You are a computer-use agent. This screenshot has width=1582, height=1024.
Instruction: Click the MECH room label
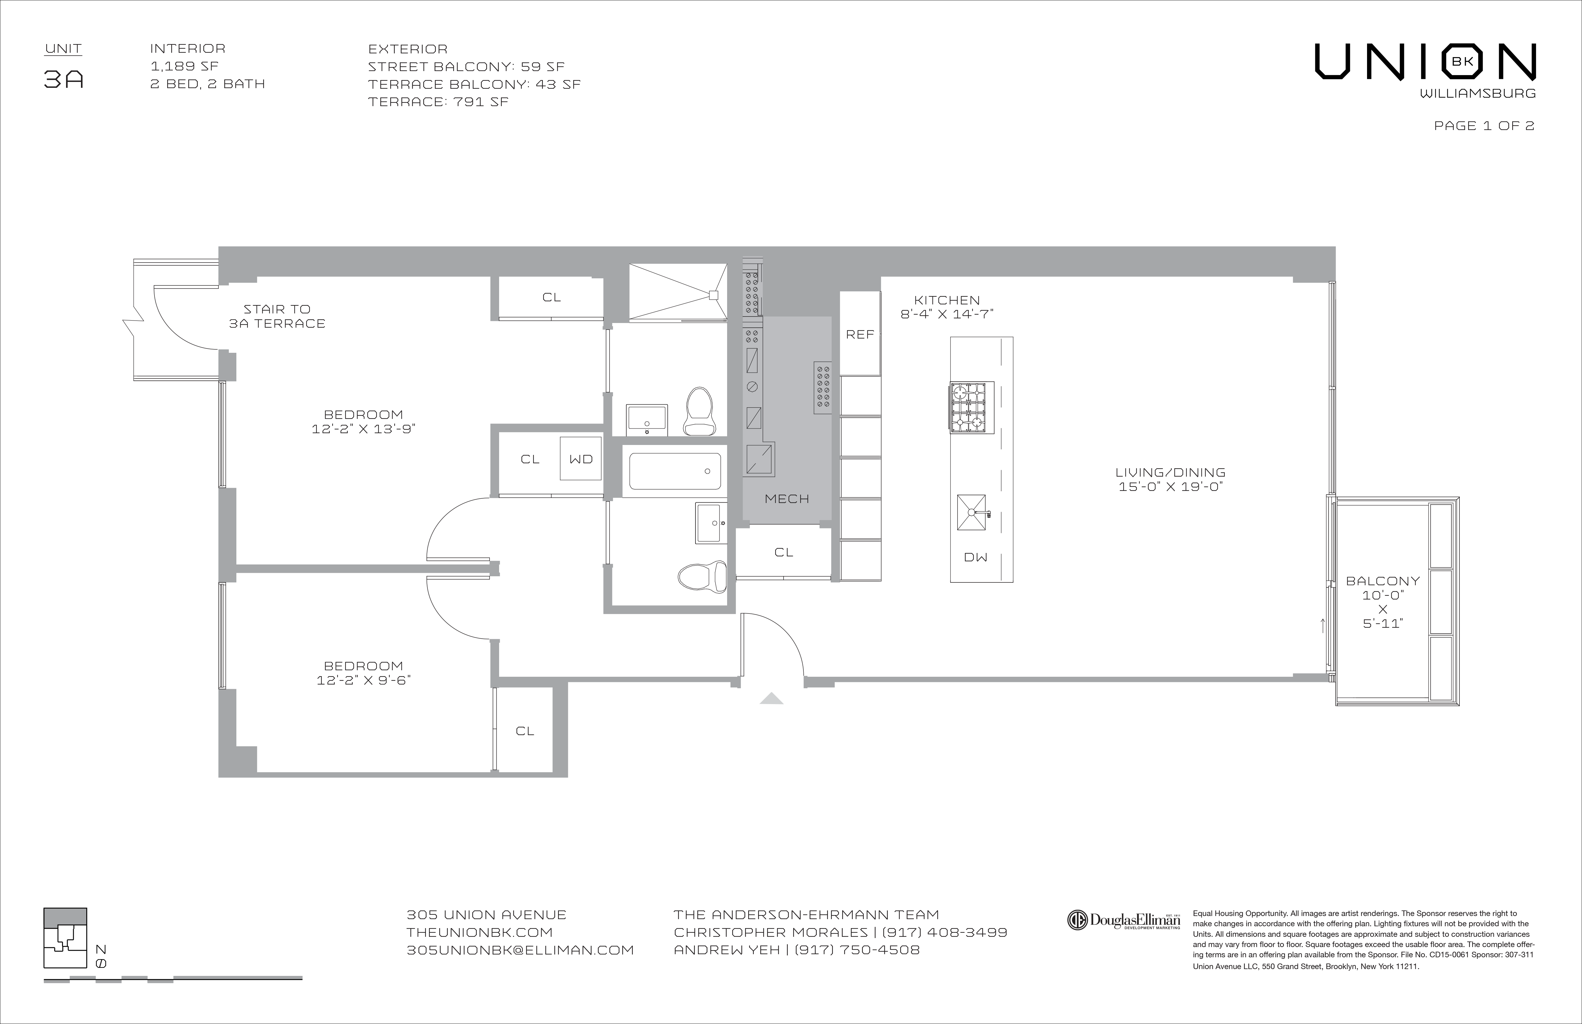click(786, 499)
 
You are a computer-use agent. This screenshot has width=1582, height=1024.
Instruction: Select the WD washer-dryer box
click(581, 459)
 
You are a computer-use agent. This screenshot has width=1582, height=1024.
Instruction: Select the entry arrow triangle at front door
click(771, 698)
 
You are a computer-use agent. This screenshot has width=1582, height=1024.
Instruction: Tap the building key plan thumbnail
click(65, 937)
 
